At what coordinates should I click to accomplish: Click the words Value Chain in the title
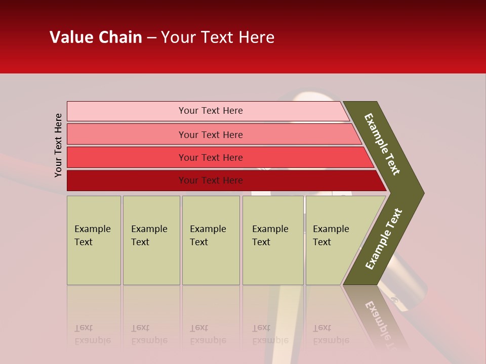[x=96, y=37]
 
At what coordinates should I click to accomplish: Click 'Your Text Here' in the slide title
[x=218, y=37]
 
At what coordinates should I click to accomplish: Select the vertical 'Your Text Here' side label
[x=58, y=145]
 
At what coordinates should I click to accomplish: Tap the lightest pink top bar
[x=127, y=111]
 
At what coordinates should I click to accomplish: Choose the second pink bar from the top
[x=127, y=134]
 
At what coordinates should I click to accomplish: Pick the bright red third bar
[x=127, y=157]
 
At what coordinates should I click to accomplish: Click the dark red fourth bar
[x=127, y=180]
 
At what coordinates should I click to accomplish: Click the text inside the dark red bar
[x=211, y=180]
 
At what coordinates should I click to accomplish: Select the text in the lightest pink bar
[x=211, y=111]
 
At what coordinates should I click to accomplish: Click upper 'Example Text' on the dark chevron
[x=382, y=144]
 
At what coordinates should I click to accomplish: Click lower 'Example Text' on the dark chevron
[x=383, y=239]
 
